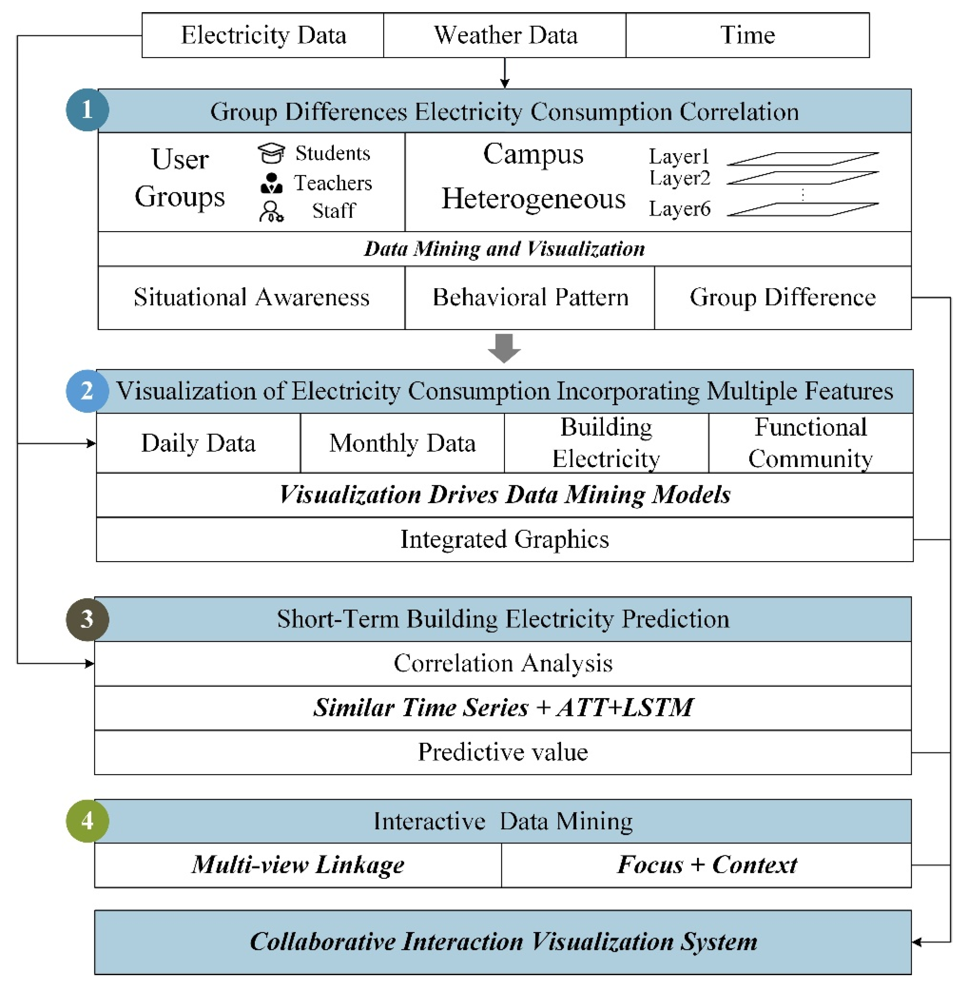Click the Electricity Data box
coord(263,35)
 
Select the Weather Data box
coord(505,35)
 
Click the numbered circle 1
coord(87,110)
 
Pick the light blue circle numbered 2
coord(87,391)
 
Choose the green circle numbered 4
coord(87,821)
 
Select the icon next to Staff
coord(271,211)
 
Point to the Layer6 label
coord(679,209)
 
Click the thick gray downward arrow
coord(504,348)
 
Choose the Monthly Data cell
coord(402,443)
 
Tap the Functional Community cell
coord(810,443)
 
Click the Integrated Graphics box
coord(504,539)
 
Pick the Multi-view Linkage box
coord(298,864)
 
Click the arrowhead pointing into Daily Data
coord(91,443)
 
